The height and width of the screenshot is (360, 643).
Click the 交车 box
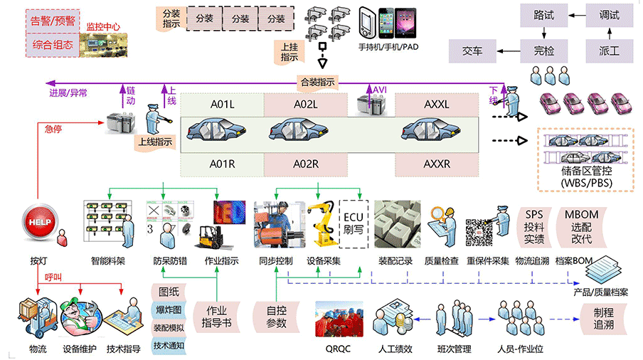click(x=472, y=51)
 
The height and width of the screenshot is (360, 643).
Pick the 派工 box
click(x=609, y=51)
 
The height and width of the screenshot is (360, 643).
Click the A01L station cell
click(x=222, y=105)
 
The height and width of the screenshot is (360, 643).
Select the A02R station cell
click(x=306, y=164)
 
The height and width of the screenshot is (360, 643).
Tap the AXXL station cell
click(x=437, y=105)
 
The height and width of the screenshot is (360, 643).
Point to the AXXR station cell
click(x=437, y=164)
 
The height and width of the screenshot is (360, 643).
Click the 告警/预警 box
click(x=54, y=20)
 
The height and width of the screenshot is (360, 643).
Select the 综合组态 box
click(x=54, y=45)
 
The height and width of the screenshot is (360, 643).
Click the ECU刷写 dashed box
click(x=354, y=223)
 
